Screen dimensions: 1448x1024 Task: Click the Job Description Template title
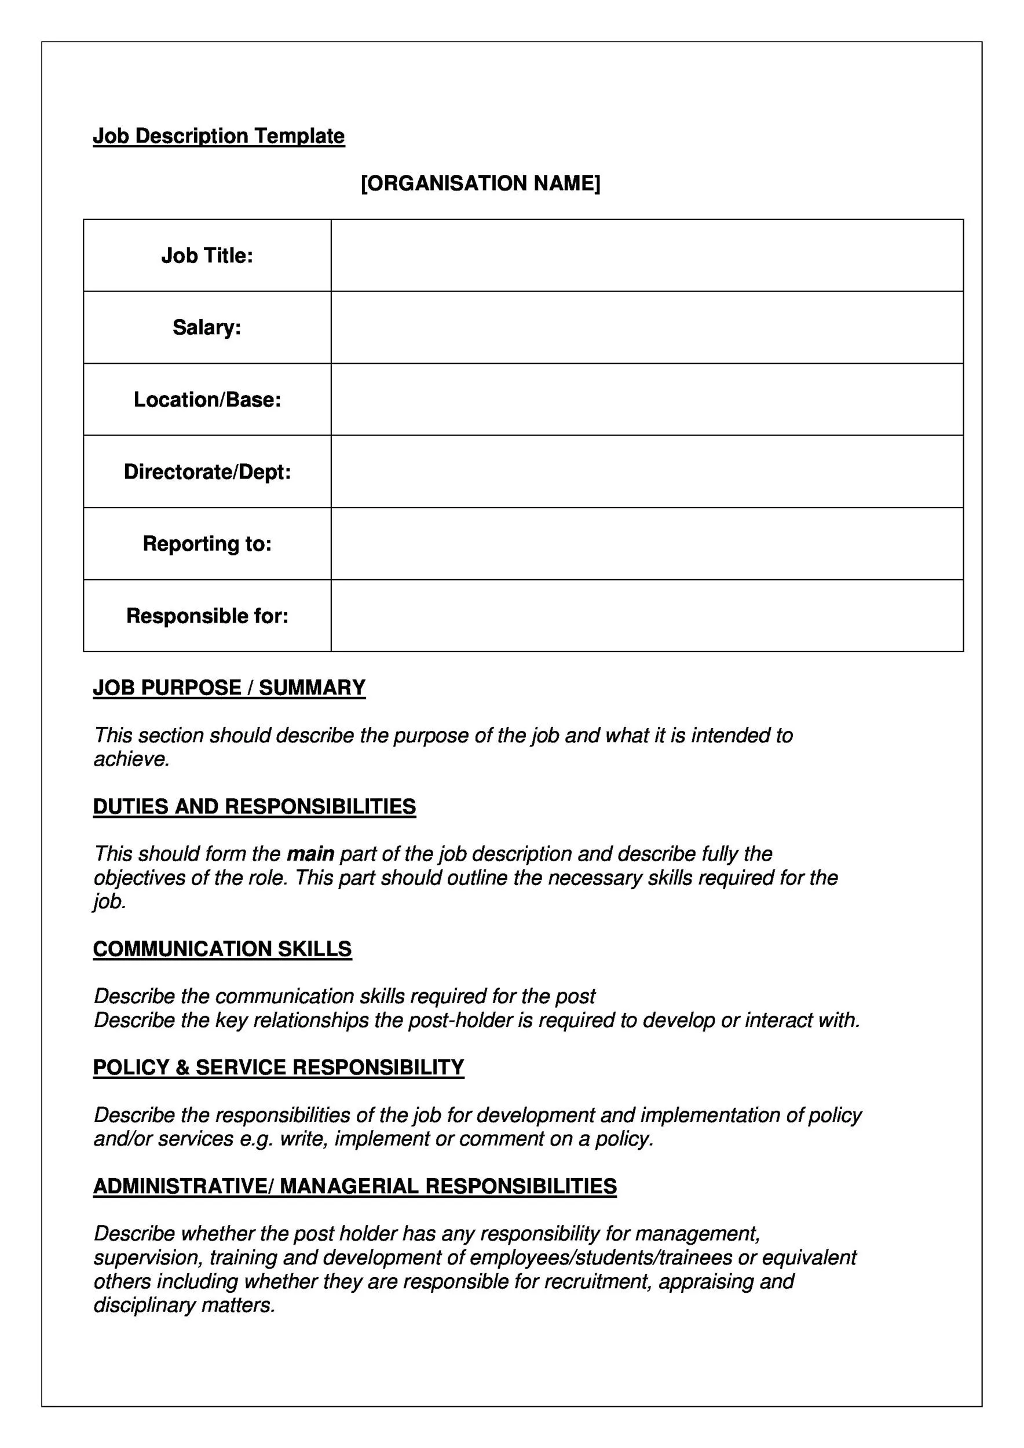tap(219, 136)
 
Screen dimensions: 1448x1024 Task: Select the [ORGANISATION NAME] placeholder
tap(481, 184)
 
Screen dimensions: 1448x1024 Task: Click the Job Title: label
tap(207, 255)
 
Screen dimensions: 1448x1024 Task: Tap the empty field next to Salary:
tap(646, 327)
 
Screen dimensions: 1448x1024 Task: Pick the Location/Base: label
tap(207, 400)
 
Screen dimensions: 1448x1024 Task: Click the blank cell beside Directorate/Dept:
tap(646, 471)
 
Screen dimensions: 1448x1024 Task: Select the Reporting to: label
tap(207, 544)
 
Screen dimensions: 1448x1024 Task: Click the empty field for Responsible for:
tap(646, 616)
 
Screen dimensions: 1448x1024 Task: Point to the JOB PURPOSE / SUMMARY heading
tap(229, 688)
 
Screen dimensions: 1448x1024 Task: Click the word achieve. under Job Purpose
tap(132, 759)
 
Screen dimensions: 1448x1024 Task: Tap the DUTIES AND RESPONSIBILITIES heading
tap(254, 807)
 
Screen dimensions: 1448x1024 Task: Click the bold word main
tap(310, 854)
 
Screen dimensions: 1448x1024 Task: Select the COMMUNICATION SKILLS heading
tap(222, 949)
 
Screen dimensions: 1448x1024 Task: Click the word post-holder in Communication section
tap(460, 1021)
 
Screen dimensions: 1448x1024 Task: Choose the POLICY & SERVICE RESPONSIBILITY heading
tap(278, 1067)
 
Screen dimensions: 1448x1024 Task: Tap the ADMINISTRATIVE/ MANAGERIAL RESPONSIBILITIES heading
tap(354, 1186)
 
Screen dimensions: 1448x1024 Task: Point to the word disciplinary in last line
tap(144, 1305)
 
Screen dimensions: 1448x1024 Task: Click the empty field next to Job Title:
tap(646, 255)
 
